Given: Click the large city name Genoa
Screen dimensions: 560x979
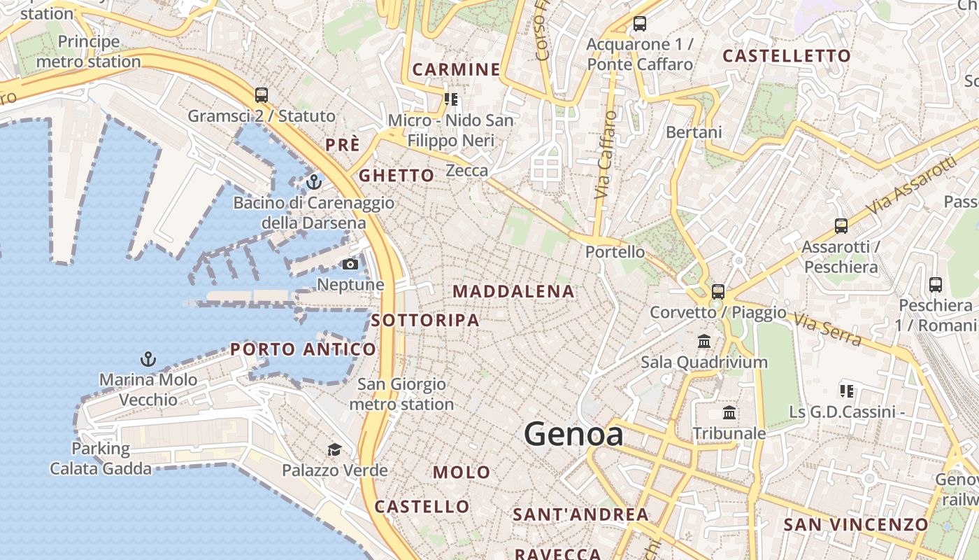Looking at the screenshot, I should pyautogui.click(x=573, y=434).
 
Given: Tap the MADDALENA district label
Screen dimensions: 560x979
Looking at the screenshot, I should pyautogui.click(x=514, y=292).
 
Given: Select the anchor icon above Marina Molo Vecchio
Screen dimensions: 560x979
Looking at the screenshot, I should pyautogui.click(x=148, y=360).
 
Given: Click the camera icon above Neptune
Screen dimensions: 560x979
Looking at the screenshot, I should pyautogui.click(x=350, y=264).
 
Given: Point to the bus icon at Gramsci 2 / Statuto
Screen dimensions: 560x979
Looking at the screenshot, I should pyautogui.click(x=262, y=95).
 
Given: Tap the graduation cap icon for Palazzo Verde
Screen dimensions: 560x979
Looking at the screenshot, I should pyautogui.click(x=335, y=449).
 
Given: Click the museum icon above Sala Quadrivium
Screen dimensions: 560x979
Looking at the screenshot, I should pyautogui.click(x=704, y=342).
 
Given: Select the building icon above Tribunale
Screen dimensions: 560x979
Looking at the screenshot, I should pyautogui.click(x=729, y=412).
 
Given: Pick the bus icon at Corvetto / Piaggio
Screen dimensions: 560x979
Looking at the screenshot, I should pyautogui.click(x=718, y=292).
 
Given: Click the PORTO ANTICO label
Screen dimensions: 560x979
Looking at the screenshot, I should pyautogui.click(x=303, y=349).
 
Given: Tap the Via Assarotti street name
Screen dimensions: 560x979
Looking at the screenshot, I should pyautogui.click(x=911, y=185).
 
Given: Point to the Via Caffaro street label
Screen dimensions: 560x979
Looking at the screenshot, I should pyautogui.click(x=606, y=155).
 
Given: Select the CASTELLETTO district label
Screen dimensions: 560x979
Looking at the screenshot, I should pyautogui.click(x=787, y=56).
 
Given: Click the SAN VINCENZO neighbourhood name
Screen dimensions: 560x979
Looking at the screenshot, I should pyautogui.click(x=855, y=524).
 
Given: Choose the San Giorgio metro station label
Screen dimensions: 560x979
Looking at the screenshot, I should pyautogui.click(x=401, y=394).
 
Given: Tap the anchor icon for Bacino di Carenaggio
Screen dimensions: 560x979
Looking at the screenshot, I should pyautogui.click(x=314, y=183).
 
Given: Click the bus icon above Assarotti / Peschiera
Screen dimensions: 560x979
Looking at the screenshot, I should pyautogui.click(x=841, y=226).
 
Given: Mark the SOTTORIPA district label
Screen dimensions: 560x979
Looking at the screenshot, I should pyautogui.click(x=425, y=321).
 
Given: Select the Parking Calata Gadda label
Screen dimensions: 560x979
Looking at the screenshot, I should pyautogui.click(x=101, y=458).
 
